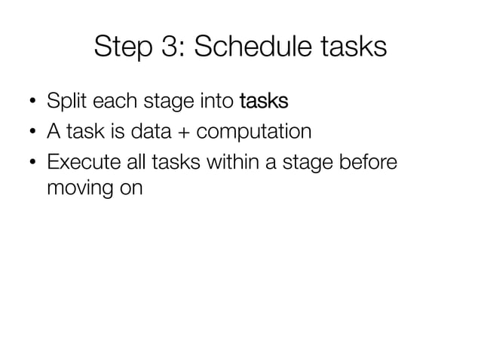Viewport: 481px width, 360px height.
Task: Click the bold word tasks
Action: coord(263,101)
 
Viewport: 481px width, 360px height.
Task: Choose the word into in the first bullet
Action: coord(215,101)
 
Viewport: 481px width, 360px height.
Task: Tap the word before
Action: coord(367,164)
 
